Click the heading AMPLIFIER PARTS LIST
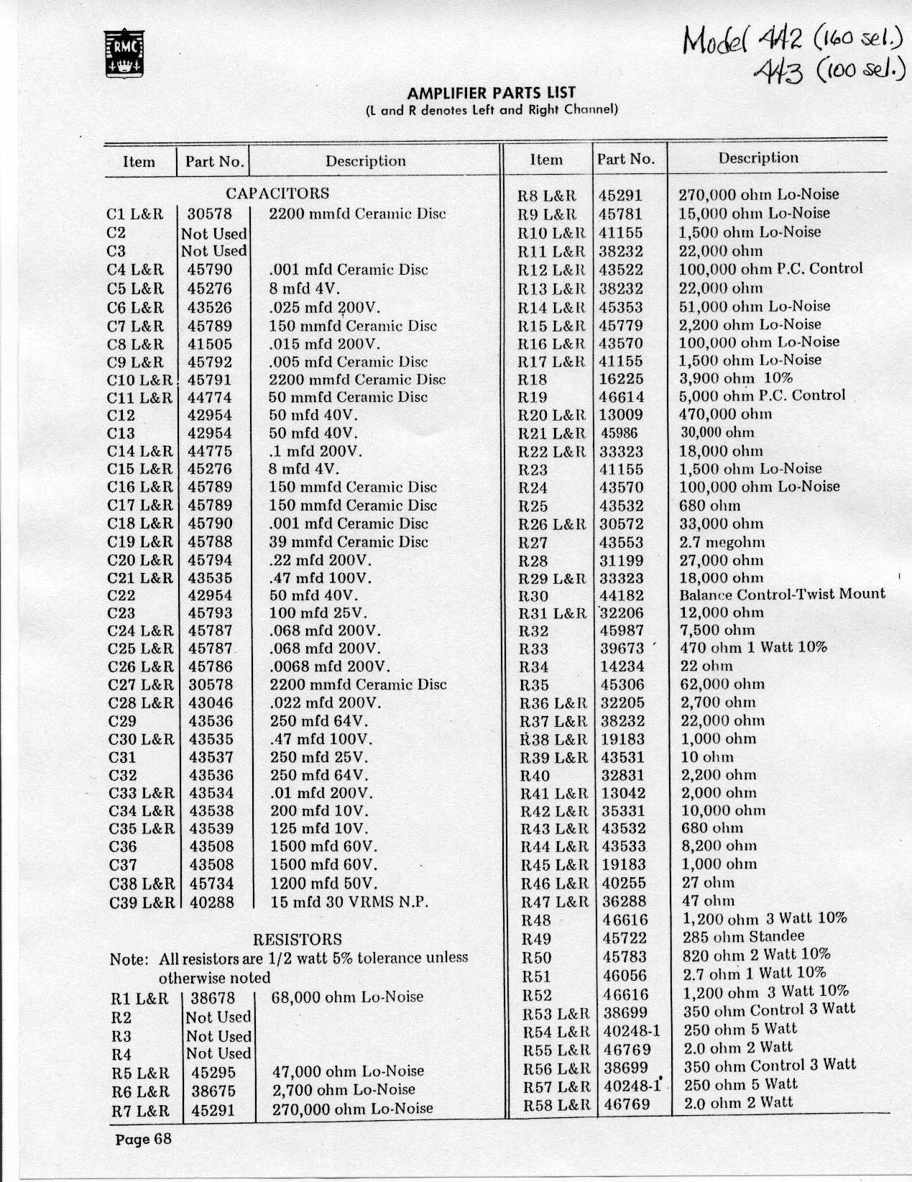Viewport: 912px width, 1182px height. (492, 93)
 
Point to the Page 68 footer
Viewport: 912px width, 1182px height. (144, 1139)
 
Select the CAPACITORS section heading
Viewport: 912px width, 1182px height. (277, 193)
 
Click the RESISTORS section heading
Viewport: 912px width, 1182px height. (298, 939)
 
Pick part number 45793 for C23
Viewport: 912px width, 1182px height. (211, 613)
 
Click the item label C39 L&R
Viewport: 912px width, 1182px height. (142, 902)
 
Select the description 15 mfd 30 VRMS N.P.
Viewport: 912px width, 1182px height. (349, 902)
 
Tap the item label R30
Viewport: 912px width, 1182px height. (533, 596)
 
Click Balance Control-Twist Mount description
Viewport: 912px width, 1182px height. (782, 594)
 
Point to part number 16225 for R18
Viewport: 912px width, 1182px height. (622, 379)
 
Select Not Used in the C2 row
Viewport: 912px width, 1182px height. (214, 234)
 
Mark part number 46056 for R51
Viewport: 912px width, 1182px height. (625, 976)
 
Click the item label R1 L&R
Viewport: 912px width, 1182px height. (139, 999)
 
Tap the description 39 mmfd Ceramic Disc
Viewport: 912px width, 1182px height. (349, 542)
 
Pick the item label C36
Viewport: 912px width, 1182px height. (123, 847)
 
